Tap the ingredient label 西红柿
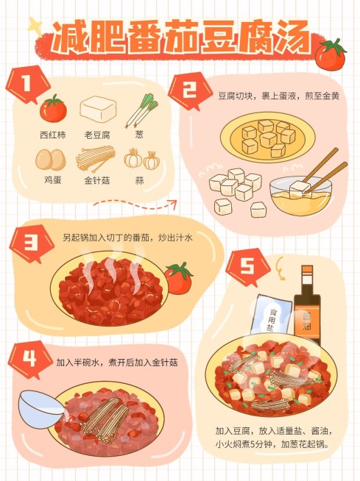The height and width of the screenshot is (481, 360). pyautogui.click(x=52, y=135)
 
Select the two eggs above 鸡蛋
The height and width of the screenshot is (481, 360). pyautogui.click(x=51, y=160)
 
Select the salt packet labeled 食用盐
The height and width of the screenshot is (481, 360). pyautogui.click(x=273, y=316)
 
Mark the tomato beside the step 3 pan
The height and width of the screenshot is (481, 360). pyautogui.click(x=177, y=279)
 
